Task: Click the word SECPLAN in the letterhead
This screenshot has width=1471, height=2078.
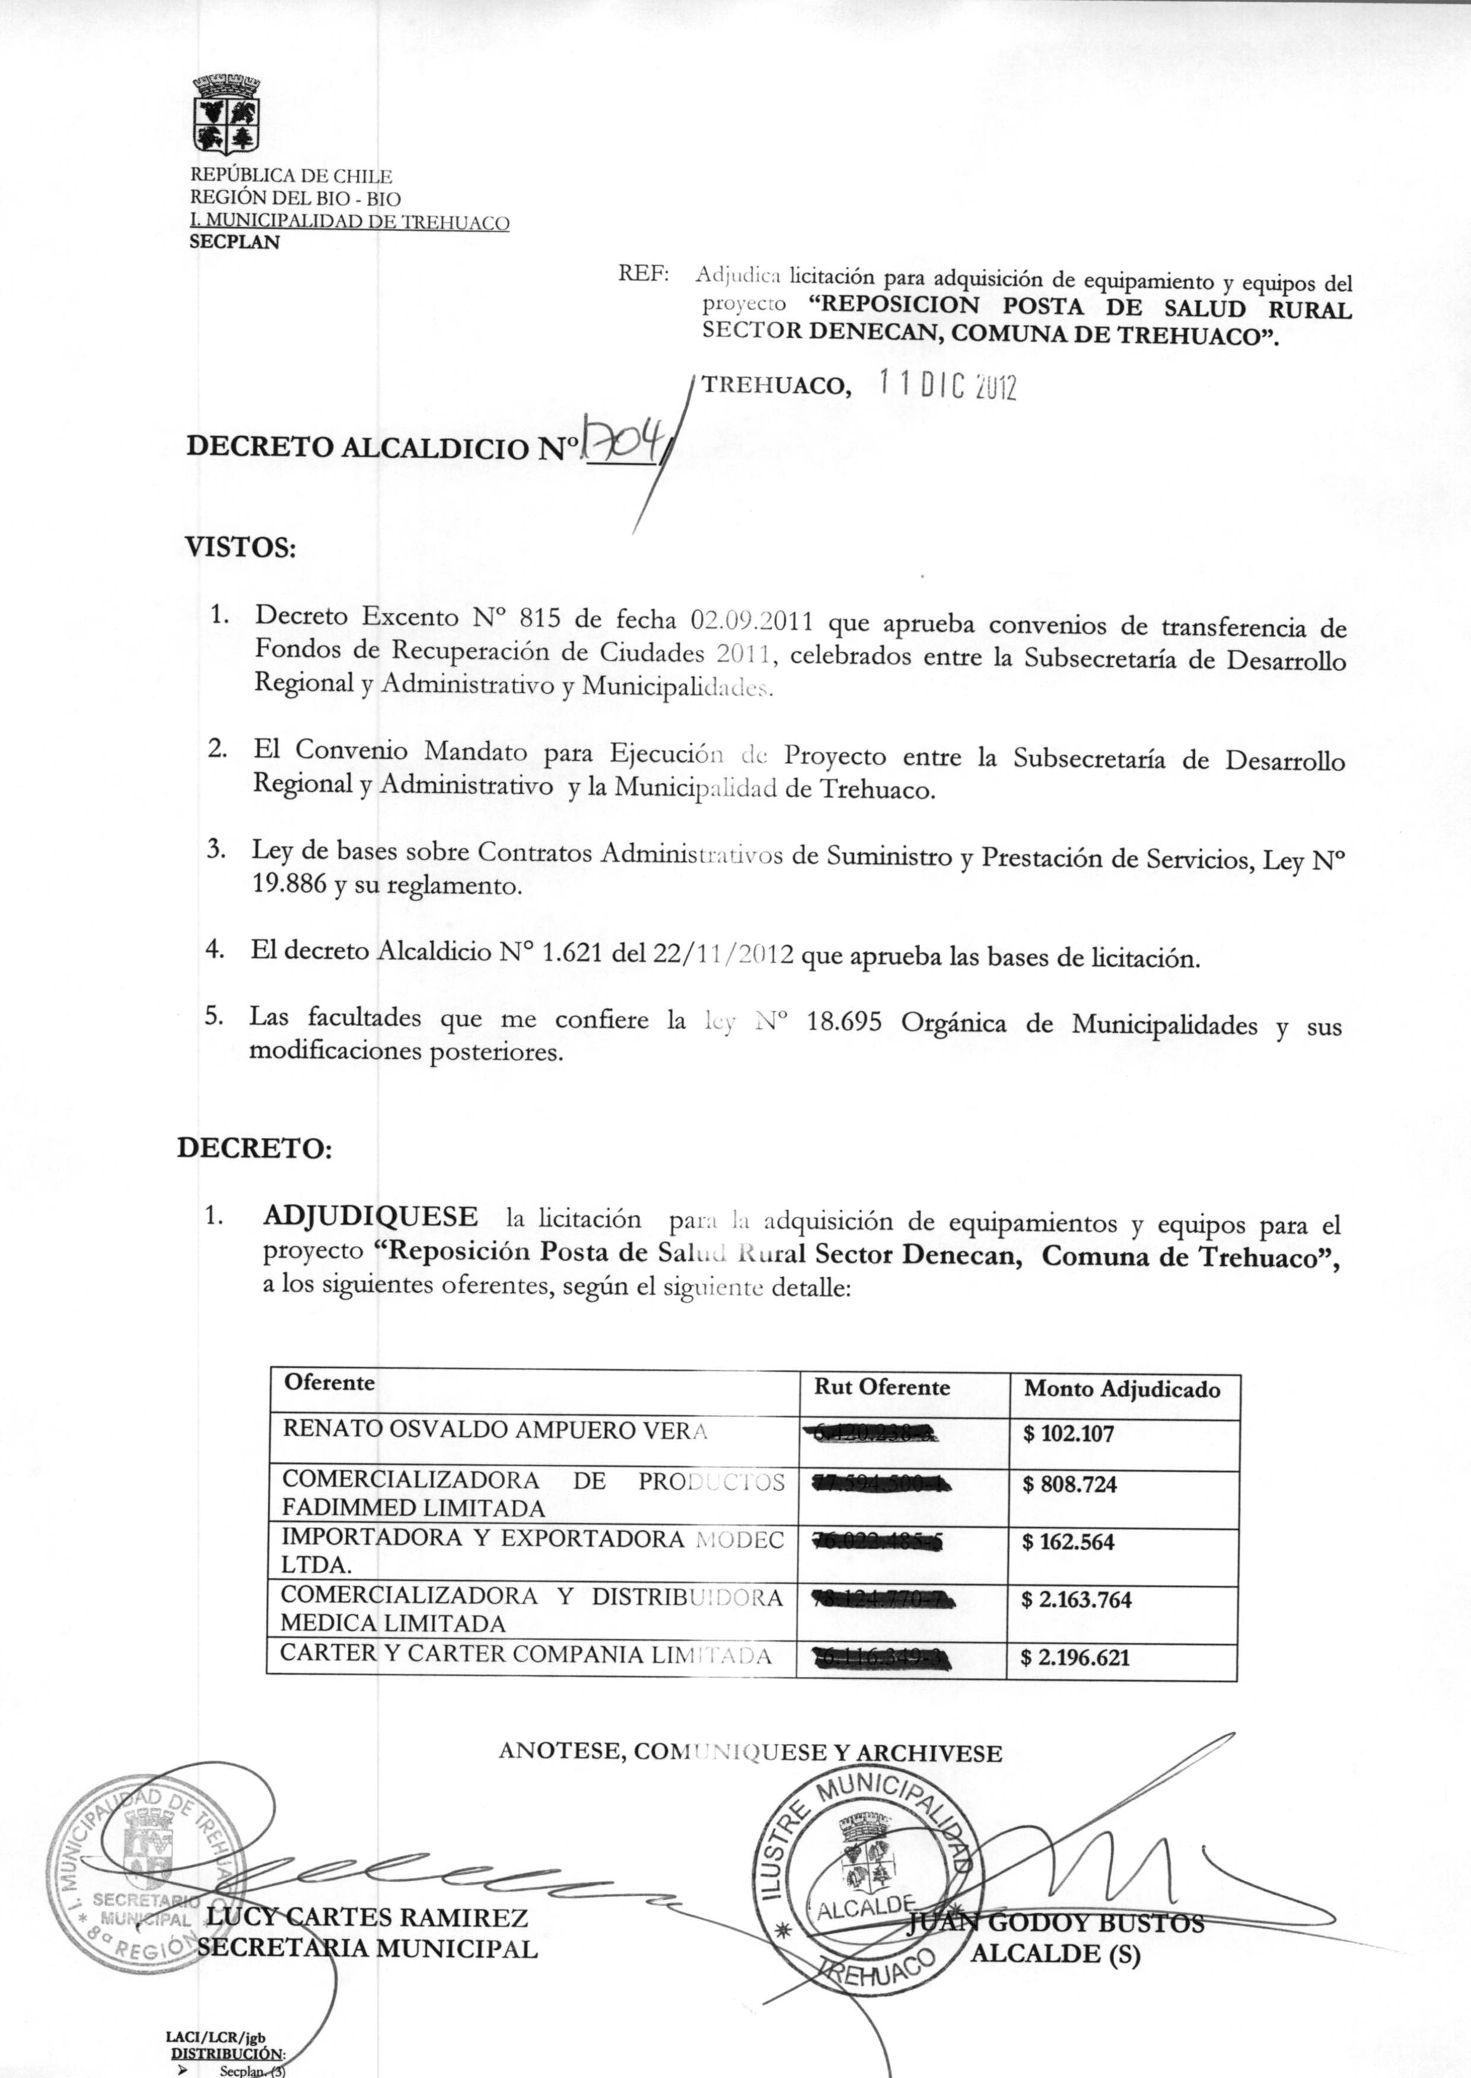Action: click(x=234, y=243)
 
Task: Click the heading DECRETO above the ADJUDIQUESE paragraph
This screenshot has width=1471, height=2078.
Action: click(x=254, y=1149)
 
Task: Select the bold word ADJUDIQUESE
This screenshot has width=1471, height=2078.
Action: click(x=370, y=1216)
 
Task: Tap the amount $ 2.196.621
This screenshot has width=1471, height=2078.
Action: click(x=1075, y=1659)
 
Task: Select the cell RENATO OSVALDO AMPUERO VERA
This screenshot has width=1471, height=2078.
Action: click(x=495, y=1430)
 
